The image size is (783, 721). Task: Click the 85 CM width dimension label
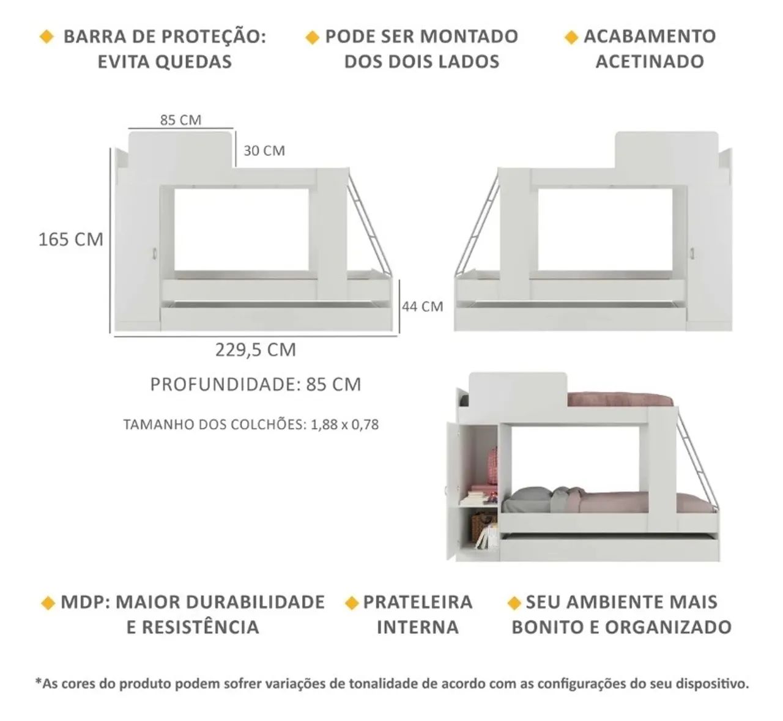tap(180, 120)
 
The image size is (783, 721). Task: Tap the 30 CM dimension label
tap(264, 150)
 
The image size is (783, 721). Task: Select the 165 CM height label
tap(71, 239)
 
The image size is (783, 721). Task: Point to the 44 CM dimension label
tap(422, 306)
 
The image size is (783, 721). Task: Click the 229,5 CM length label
tap(255, 350)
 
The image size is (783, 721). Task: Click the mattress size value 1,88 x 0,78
tap(344, 424)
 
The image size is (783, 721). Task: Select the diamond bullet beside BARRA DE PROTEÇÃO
tap(46, 37)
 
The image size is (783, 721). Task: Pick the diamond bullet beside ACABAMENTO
tap(571, 37)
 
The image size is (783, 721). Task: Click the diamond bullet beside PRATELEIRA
tap(351, 603)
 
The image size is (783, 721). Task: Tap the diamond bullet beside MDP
tap(47, 603)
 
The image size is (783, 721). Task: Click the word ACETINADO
tap(649, 62)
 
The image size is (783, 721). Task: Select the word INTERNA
tap(418, 627)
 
